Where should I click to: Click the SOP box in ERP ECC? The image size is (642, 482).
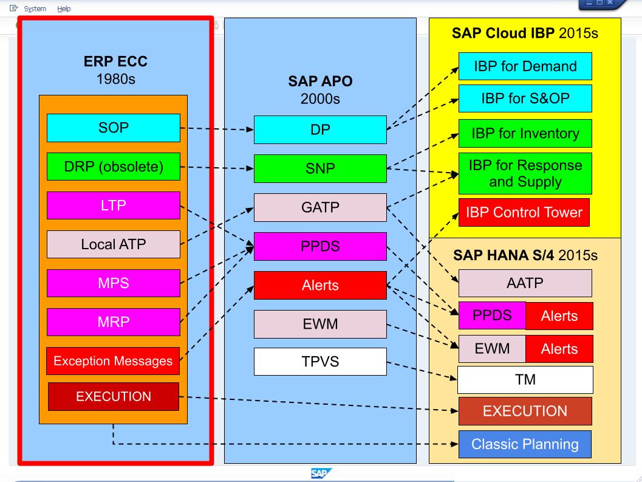(114, 128)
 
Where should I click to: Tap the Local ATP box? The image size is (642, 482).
(114, 244)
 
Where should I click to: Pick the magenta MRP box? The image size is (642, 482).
(114, 322)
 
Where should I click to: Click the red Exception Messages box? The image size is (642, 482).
(114, 361)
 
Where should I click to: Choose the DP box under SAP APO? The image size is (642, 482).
(320, 129)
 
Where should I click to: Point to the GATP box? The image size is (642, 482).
(320, 207)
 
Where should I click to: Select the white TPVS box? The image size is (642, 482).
(320, 362)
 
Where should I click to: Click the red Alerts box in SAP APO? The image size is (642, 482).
(320, 286)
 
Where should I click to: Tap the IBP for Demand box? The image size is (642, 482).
(525, 66)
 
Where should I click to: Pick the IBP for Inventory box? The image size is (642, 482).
(525, 133)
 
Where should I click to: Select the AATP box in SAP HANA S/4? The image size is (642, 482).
(525, 283)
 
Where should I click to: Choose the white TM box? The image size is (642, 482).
(525, 380)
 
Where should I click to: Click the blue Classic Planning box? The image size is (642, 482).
(525, 444)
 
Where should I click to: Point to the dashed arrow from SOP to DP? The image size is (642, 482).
(217, 129)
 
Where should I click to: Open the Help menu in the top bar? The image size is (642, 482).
(64, 9)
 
